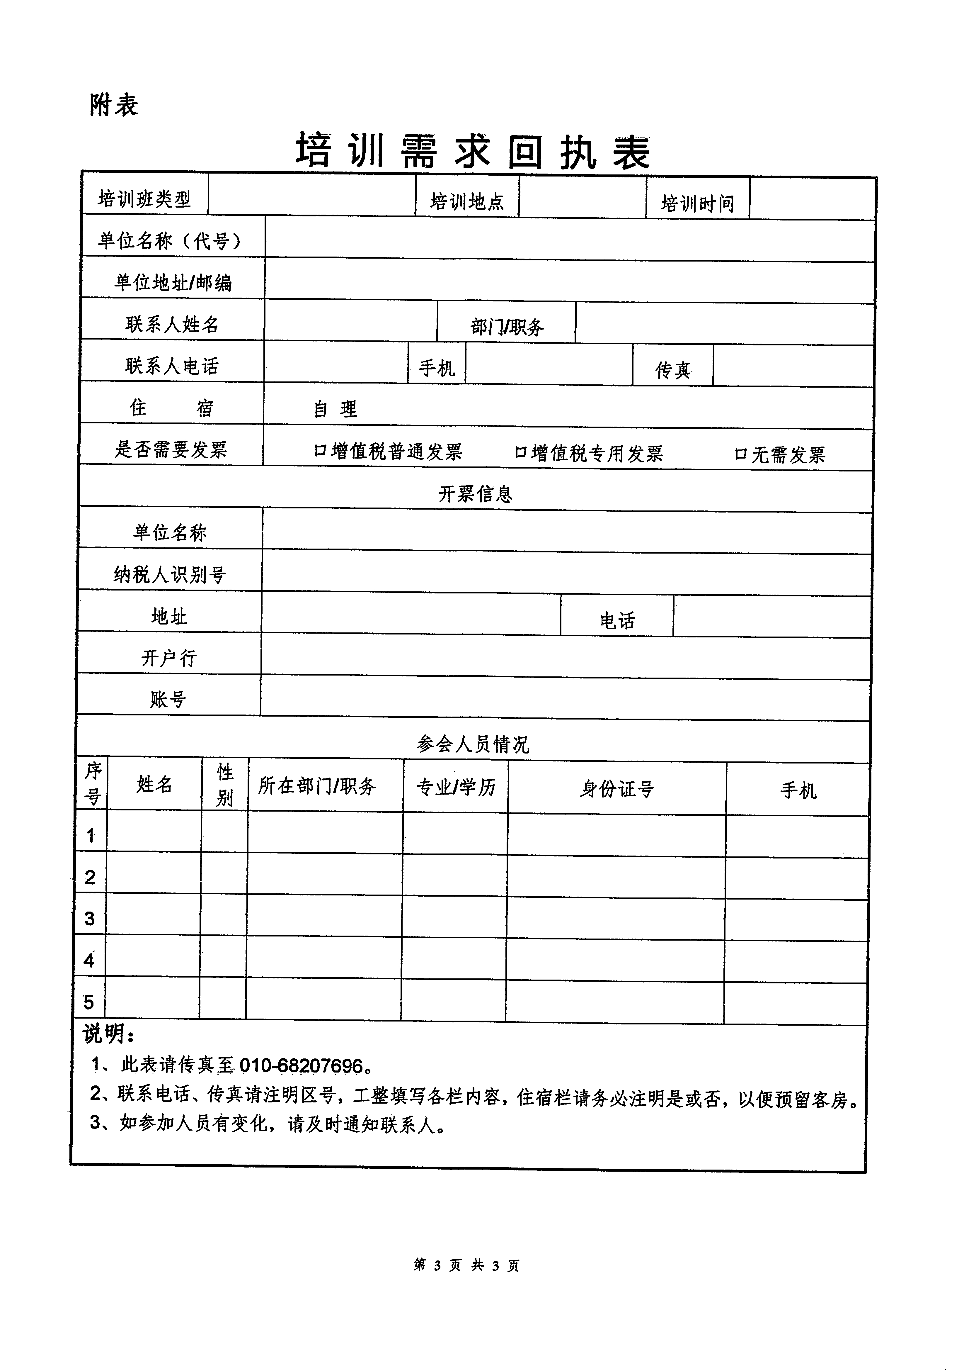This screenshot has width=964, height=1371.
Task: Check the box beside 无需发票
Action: [740, 454]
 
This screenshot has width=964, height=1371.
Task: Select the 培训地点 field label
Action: [467, 201]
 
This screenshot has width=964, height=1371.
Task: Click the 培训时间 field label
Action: [696, 203]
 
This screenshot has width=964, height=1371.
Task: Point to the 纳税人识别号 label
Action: [170, 574]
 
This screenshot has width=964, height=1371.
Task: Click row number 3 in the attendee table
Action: [90, 918]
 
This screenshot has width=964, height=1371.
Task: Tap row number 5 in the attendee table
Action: [88, 1001]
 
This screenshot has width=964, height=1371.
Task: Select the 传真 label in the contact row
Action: [673, 370]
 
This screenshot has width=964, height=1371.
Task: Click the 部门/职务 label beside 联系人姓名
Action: [507, 327]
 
